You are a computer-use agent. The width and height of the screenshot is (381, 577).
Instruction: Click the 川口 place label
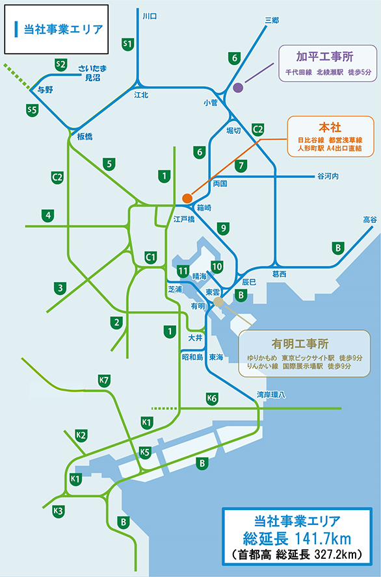tap(150, 15)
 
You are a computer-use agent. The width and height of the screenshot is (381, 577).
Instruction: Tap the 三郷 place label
tap(272, 21)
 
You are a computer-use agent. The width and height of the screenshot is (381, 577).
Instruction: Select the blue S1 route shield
tap(128, 44)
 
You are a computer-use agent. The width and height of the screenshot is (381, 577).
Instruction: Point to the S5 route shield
tap(32, 110)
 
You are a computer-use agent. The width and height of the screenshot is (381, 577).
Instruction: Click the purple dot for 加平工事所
tap(237, 87)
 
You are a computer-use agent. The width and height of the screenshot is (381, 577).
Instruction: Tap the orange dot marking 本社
tap(187, 198)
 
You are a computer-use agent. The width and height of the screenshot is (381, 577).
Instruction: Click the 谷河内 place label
tap(328, 176)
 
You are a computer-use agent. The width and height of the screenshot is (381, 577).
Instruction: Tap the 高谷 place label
tap(369, 220)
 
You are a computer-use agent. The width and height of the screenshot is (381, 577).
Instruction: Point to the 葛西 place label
tap(280, 274)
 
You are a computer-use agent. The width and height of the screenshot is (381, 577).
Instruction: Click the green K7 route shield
tap(103, 380)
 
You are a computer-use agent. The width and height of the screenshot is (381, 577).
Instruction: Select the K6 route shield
tap(211, 398)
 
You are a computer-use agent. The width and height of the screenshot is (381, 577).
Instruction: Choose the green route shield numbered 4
tap(47, 214)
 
